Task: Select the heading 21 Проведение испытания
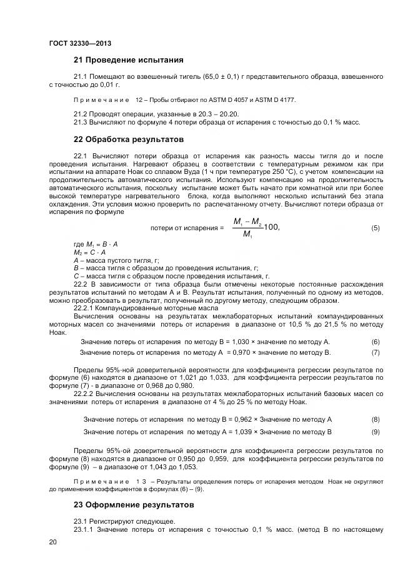(x=128, y=60)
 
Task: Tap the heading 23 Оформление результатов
(x=134, y=504)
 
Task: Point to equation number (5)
(x=376, y=228)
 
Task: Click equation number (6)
(x=376, y=342)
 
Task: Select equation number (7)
(x=376, y=353)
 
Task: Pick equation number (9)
(x=376, y=432)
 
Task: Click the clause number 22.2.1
(x=85, y=308)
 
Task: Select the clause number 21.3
(x=81, y=122)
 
